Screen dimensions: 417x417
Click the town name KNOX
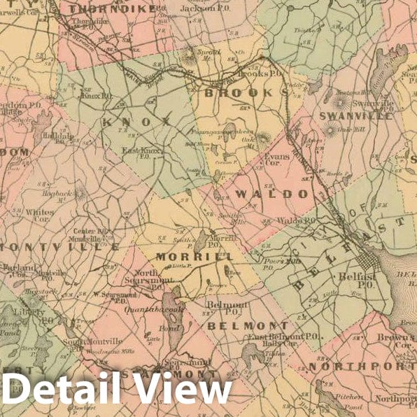click(136, 121)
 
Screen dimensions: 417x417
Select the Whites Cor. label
click(39, 214)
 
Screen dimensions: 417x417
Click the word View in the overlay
click(185, 388)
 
